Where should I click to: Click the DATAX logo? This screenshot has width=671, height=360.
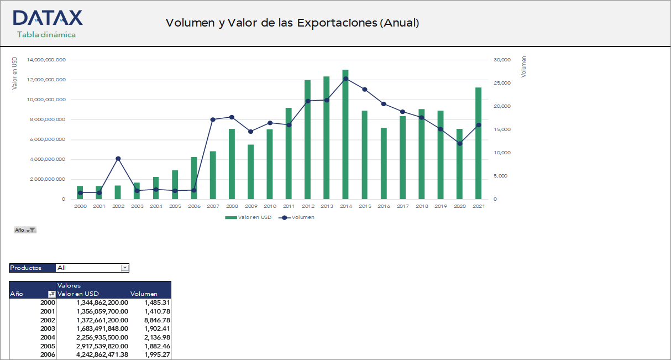[x=48, y=18]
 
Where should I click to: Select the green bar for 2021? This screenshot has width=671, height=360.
[x=478, y=143]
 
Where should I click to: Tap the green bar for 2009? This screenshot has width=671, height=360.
[x=250, y=171]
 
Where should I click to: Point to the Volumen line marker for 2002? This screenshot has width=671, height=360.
[x=118, y=159]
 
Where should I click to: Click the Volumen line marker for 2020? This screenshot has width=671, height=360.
[x=459, y=143]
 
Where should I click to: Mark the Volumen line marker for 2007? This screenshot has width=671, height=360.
[x=213, y=119]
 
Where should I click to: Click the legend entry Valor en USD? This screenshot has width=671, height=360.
[x=248, y=217]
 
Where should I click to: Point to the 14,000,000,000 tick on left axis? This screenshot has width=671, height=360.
[x=46, y=60]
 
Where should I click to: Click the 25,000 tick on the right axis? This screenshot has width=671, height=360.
[x=502, y=83]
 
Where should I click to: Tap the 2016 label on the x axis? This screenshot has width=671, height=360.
[x=384, y=206]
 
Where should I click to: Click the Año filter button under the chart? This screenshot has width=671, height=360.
[x=25, y=230]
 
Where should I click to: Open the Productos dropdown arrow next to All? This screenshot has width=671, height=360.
[x=124, y=268]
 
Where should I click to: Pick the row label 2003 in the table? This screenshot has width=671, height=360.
[x=48, y=328]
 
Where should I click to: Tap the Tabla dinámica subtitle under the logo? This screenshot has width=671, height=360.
[x=46, y=34]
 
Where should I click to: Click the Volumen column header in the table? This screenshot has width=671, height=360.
[x=144, y=294]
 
